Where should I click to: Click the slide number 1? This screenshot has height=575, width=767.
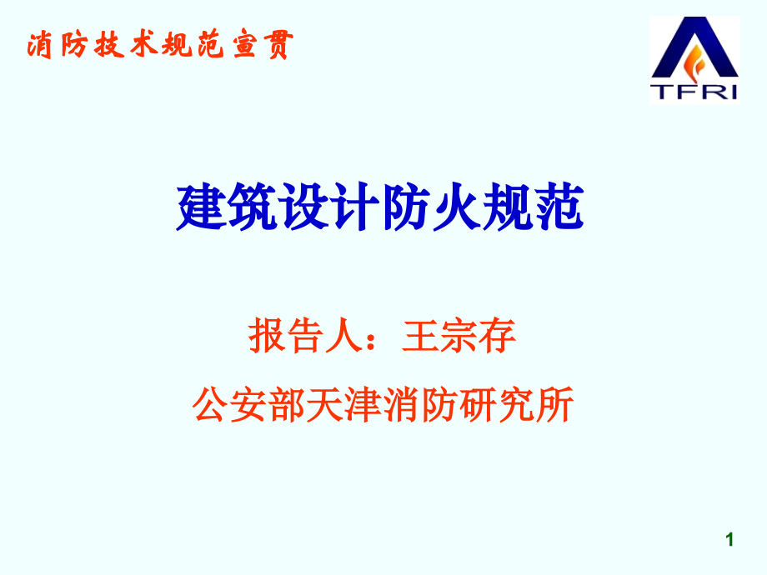[x=730, y=540]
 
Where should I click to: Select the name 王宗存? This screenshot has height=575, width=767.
[x=459, y=337]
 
